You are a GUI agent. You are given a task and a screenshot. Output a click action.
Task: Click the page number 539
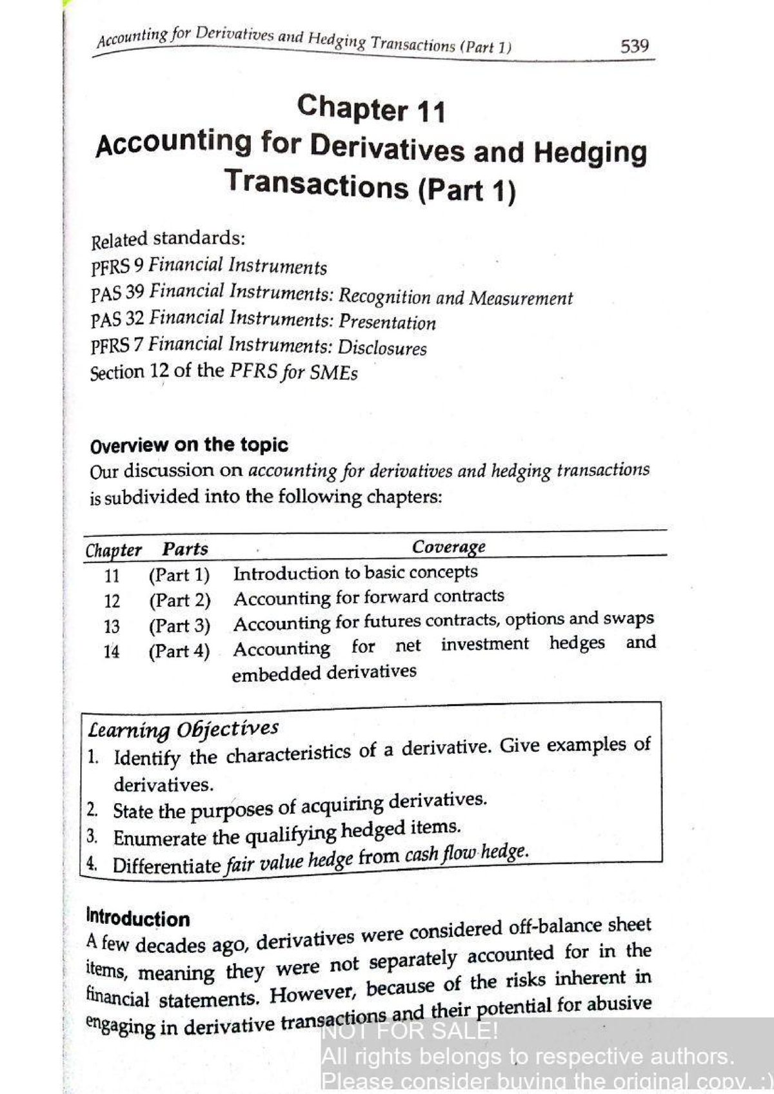pyautogui.click(x=634, y=46)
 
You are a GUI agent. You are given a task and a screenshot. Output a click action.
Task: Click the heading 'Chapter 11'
pyautogui.click(x=371, y=108)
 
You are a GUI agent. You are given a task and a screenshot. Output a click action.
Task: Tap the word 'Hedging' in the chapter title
pyautogui.click(x=590, y=153)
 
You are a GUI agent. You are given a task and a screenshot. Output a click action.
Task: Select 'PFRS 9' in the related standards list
pyautogui.click(x=119, y=266)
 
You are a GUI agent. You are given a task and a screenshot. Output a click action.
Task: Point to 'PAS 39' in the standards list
pyautogui.click(x=117, y=293)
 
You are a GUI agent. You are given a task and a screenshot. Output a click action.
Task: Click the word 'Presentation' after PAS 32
pyautogui.click(x=387, y=322)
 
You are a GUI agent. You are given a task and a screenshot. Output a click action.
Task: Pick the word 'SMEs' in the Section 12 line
pyautogui.click(x=333, y=373)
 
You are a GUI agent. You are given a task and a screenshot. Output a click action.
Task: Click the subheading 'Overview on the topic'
pyautogui.click(x=189, y=445)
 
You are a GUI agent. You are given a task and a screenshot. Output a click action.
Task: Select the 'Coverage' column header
pyautogui.click(x=448, y=547)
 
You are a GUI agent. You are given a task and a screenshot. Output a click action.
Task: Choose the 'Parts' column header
pyautogui.click(x=185, y=549)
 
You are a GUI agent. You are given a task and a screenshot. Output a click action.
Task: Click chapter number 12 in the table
pyautogui.click(x=112, y=601)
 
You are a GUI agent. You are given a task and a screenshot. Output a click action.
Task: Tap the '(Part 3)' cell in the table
pyautogui.click(x=179, y=626)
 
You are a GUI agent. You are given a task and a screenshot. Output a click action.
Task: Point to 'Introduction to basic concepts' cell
pyautogui.click(x=355, y=572)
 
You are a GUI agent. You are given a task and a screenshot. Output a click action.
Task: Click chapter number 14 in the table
pyautogui.click(x=112, y=652)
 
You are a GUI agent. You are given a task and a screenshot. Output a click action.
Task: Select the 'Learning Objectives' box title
pyautogui.click(x=183, y=729)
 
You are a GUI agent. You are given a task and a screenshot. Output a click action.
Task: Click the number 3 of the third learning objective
pyautogui.click(x=93, y=837)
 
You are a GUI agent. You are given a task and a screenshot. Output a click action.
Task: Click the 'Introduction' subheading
pyautogui.click(x=138, y=918)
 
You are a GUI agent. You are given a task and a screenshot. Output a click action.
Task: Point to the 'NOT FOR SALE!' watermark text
pyautogui.click(x=410, y=1031)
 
